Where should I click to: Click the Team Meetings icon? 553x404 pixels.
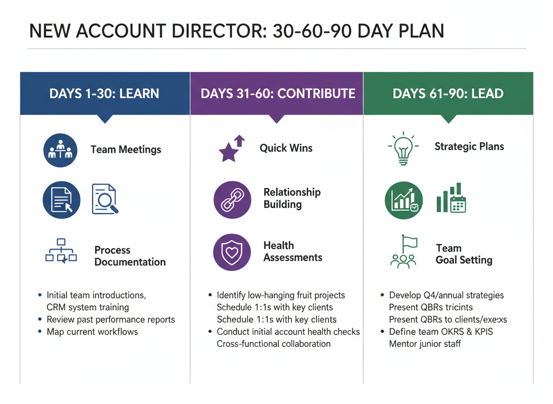[x=60, y=150]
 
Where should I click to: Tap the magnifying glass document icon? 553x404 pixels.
[x=105, y=199]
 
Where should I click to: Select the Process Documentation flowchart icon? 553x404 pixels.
[x=61, y=251]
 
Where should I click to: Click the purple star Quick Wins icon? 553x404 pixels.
[x=232, y=148]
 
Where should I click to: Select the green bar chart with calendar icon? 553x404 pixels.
[x=451, y=199]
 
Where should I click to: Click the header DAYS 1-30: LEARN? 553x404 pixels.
[x=104, y=93]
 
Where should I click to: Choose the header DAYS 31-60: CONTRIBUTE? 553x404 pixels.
[x=277, y=93]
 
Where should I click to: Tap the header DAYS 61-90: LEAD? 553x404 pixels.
[x=448, y=93]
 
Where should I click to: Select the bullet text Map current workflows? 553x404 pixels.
[x=92, y=332]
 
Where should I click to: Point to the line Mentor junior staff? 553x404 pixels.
[x=425, y=344]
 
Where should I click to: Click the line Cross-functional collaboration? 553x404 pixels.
[x=274, y=344]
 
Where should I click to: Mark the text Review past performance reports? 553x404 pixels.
[x=111, y=320]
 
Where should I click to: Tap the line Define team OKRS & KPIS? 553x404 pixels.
[x=441, y=332]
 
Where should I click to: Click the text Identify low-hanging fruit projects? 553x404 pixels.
[x=281, y=296]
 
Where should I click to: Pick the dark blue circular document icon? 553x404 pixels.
[x=61, y=199]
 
